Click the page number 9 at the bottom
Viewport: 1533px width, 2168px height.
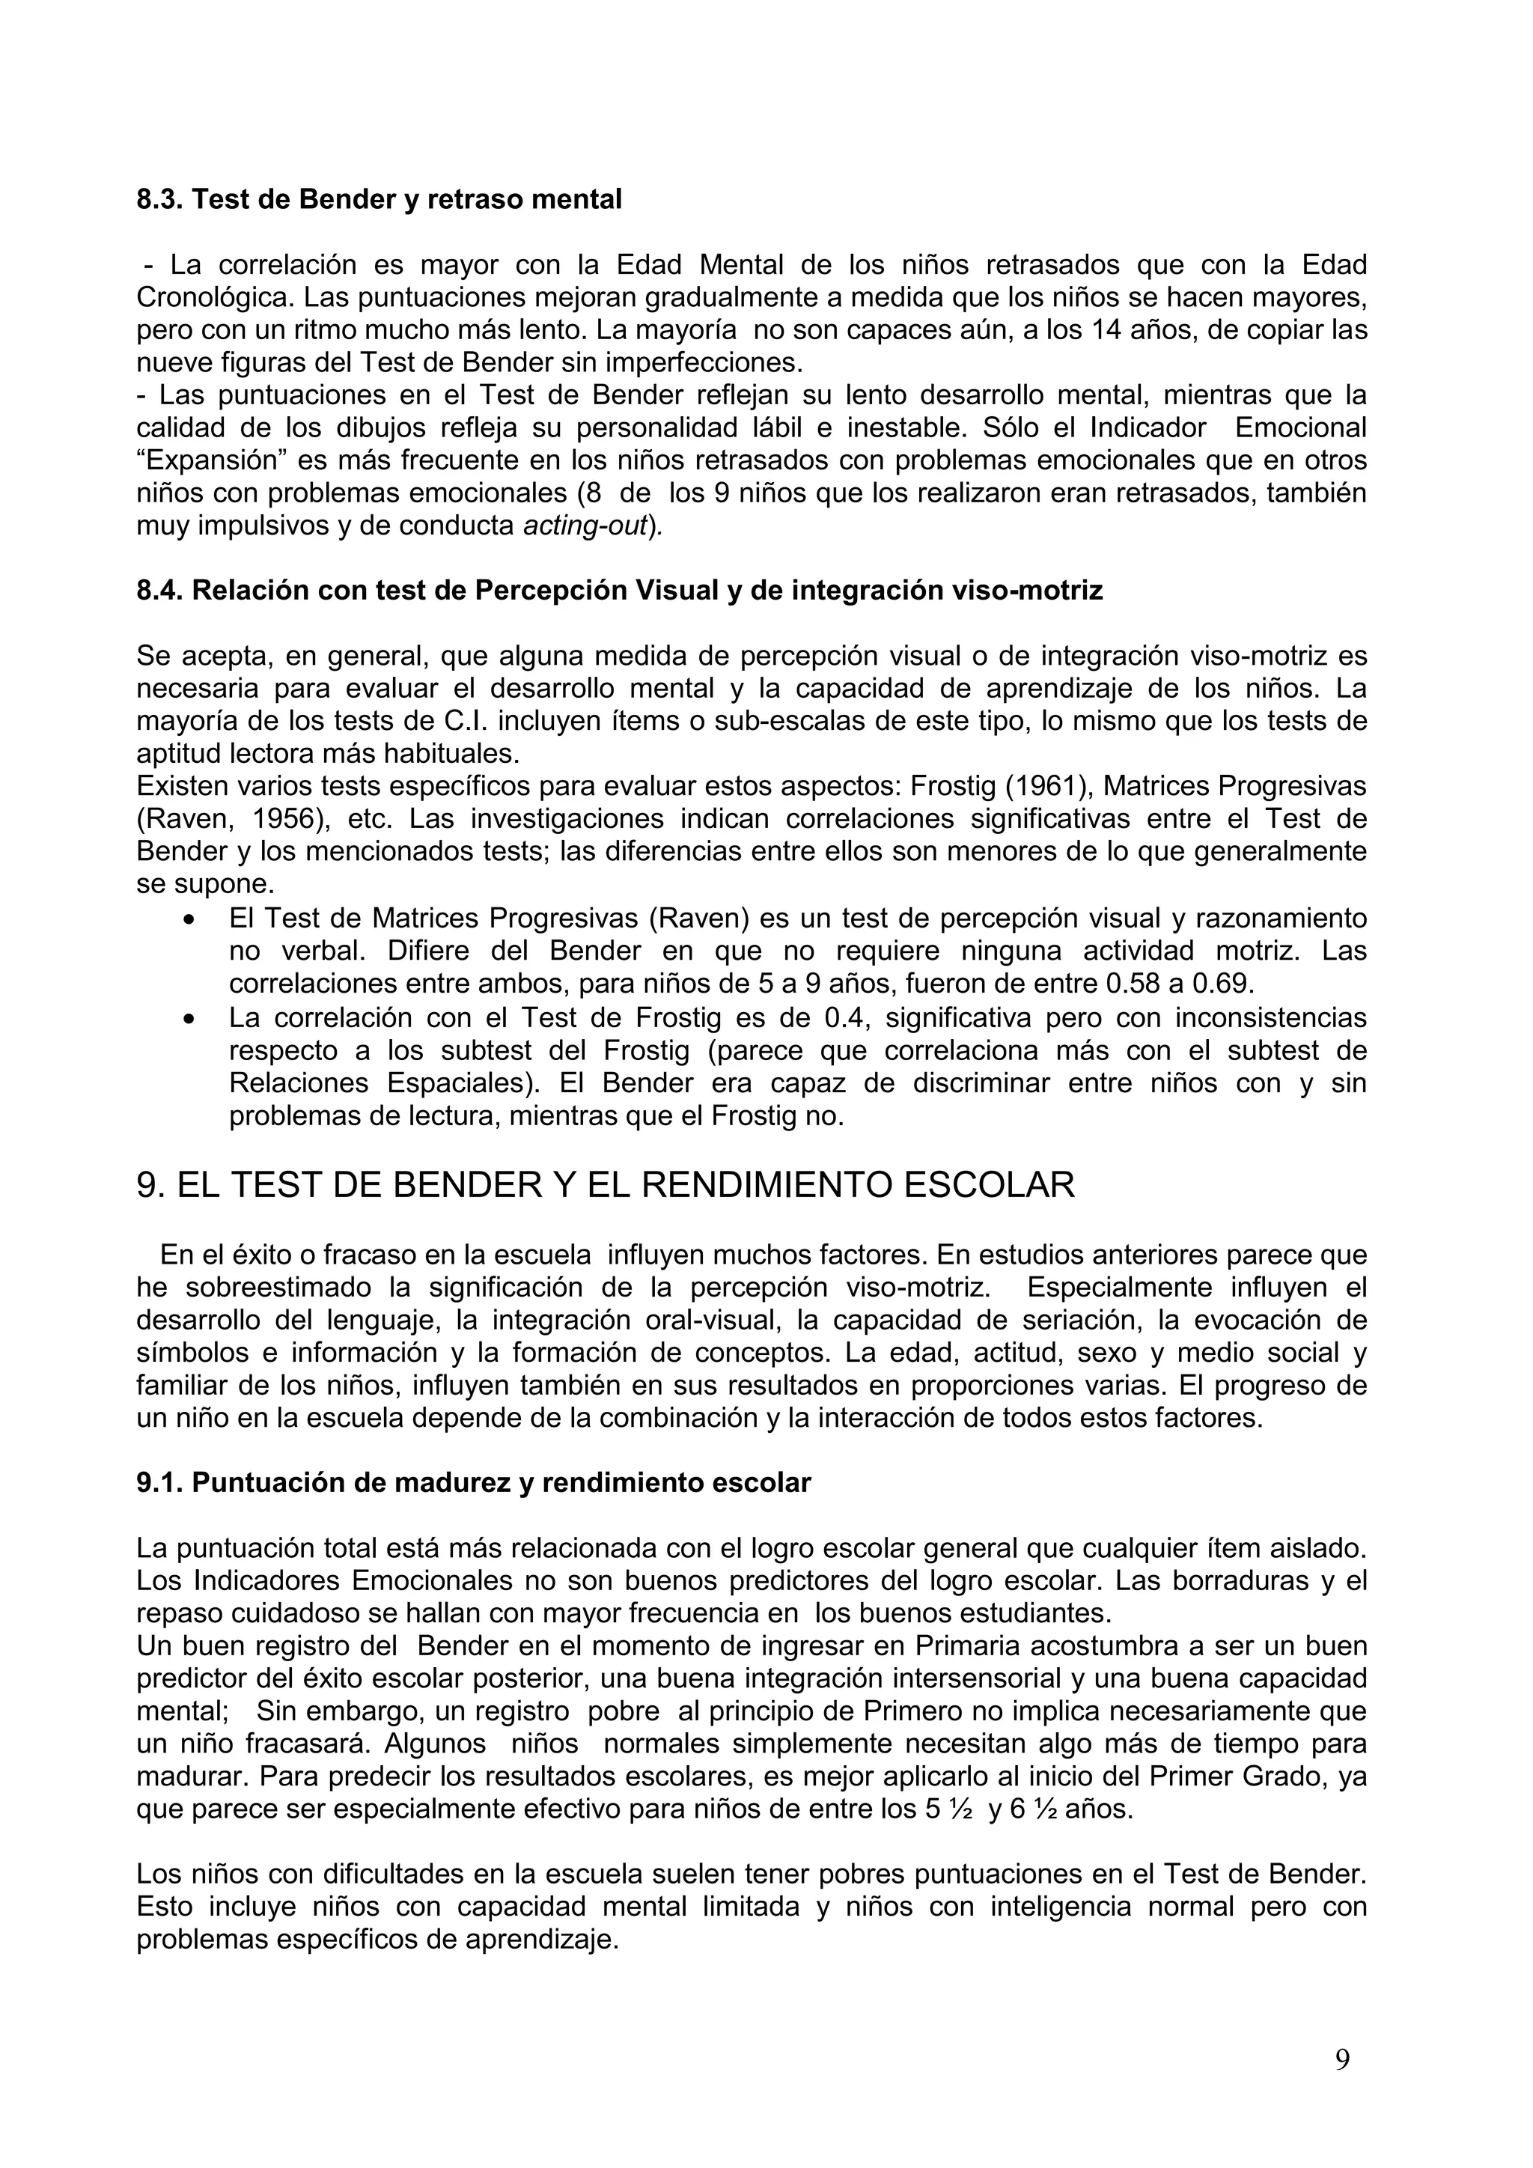coord(1341,2059)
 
